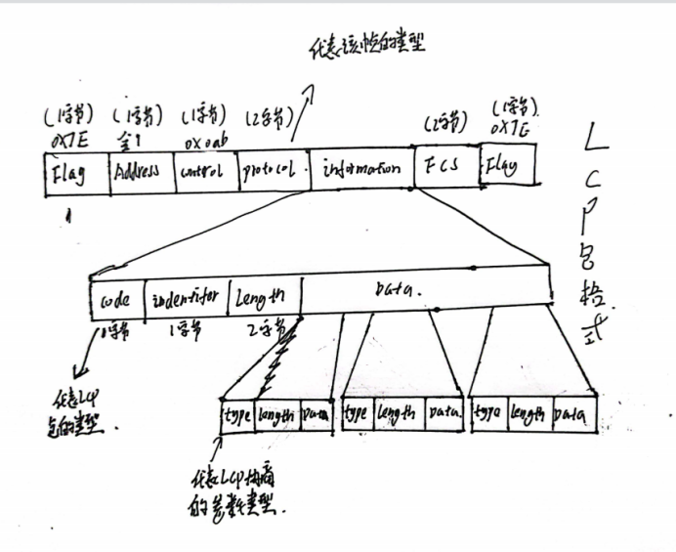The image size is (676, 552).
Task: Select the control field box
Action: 203,175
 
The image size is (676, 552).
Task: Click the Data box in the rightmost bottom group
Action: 570,415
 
